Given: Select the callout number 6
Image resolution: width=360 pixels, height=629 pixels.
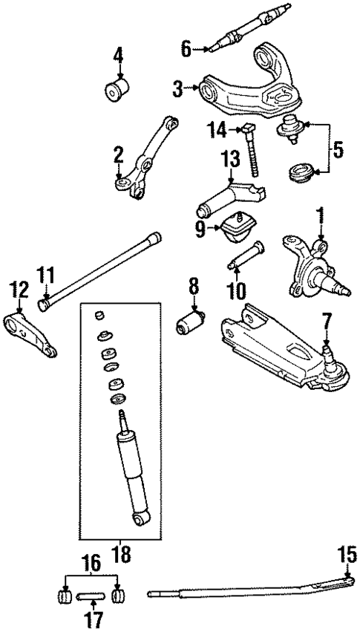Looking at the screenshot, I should tap(186, 50).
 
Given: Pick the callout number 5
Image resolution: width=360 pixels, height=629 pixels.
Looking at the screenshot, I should tap(338, 151).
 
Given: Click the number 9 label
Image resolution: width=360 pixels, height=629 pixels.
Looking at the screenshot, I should tap(200, 229).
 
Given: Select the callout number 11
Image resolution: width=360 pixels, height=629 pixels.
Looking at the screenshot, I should tap(46, 277).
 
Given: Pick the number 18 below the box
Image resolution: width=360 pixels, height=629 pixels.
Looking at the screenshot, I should tap(120, 554).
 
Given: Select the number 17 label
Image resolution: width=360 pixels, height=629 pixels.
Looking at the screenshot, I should tap(93, 619).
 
